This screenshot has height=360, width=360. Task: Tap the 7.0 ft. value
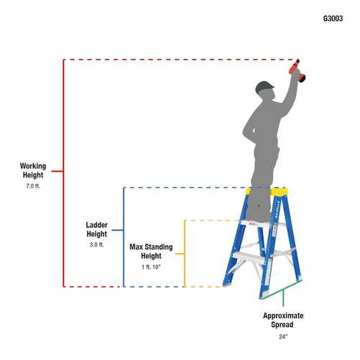(32, 186)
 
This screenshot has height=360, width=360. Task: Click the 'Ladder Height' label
(96, 229)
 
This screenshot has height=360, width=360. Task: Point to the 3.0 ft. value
(96, 245)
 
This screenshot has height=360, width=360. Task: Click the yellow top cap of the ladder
(267, 192)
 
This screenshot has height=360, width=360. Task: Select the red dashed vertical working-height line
(64, 172)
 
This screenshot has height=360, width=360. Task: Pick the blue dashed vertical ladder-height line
(124, 237)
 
